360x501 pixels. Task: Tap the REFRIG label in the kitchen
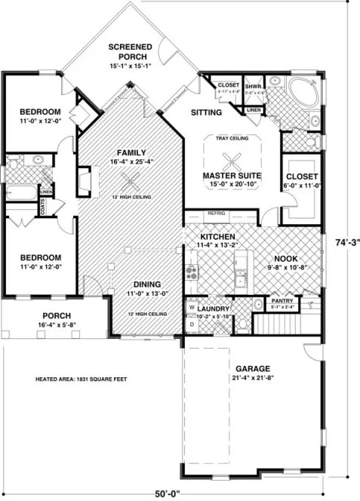coord(217,214)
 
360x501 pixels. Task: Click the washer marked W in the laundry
coord(192,308)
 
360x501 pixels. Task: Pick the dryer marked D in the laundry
coord(192,324)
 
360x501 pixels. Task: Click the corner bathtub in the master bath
coord(305,89)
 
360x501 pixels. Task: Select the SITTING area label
coord(206,113)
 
